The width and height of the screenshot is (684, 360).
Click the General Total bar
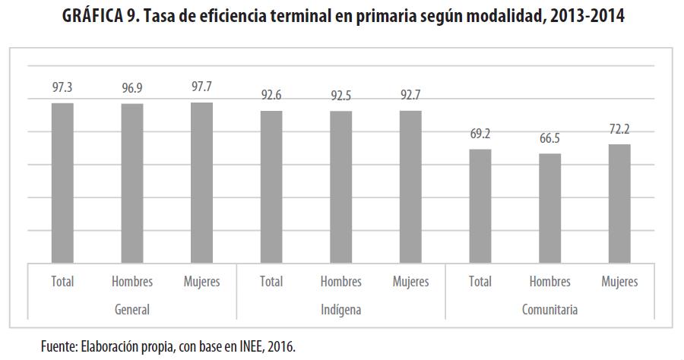coord(62,182)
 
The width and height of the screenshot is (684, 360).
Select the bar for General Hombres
coord(132,182)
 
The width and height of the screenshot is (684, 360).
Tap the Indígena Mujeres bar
coord(410,186)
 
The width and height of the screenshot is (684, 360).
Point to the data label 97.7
coord(201,87)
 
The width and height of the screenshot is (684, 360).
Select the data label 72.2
coord(619,129)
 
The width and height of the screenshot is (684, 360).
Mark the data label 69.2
coord(480,134)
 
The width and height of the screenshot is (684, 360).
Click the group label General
coord(131,310)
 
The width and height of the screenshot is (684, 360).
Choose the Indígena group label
coord(340,310)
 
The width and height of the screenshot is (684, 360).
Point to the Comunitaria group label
coord(549,310)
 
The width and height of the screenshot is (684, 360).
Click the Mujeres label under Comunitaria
coord(619,282)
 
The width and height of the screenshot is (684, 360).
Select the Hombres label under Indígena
coord(340,282)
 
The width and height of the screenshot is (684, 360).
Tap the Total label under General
coord(62,282)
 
